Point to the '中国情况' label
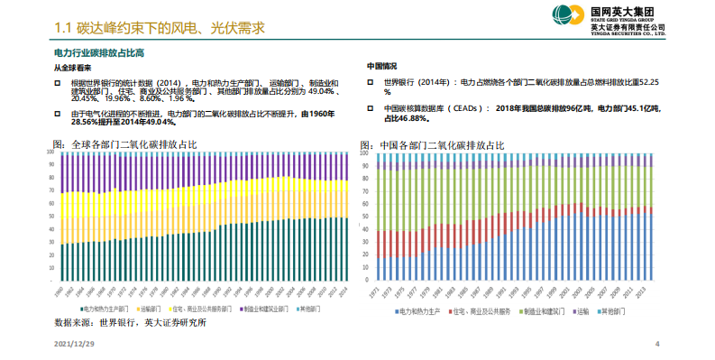click(381, 68)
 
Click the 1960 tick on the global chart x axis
click(61, 292)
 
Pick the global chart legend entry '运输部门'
click(150, 309)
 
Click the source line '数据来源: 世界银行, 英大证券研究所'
click(129, 321)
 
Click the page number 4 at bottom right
click(656, 345)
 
